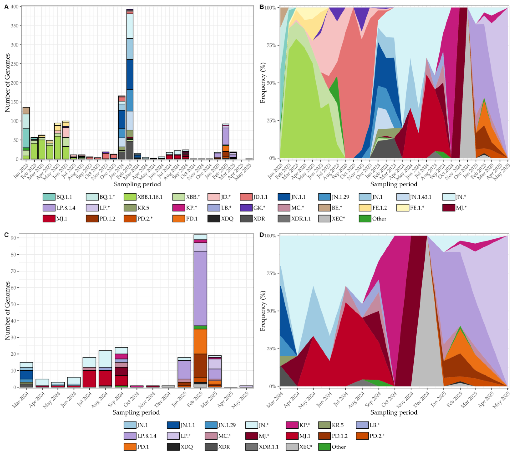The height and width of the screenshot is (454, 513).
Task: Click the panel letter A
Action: click(x=7, y=7)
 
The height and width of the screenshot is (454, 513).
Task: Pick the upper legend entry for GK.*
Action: click(x=246, y=208)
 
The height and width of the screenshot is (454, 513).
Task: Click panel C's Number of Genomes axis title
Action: click(x=8, y=311)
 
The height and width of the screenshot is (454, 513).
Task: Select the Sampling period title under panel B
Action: click(x=394, y=184)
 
